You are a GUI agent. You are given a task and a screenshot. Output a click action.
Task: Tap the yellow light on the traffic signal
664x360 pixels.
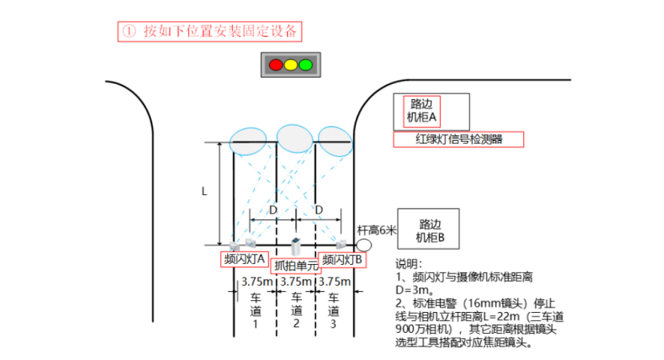(290, 64)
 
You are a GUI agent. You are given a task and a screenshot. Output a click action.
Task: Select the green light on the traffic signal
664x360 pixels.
(305, 64)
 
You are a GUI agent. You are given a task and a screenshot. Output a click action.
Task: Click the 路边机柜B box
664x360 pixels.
(435, 231)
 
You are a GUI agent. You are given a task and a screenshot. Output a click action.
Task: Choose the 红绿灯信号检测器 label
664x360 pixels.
(458, 139)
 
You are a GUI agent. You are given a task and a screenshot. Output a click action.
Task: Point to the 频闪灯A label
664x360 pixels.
(244, 260)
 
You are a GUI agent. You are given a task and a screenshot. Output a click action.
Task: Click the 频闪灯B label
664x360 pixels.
(342, 260)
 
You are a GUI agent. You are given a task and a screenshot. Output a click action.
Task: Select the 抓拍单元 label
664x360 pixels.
(294, 266)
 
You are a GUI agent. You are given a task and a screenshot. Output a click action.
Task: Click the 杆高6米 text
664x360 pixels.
(378, 230)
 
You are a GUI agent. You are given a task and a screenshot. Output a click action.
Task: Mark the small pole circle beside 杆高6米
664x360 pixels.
(364, 244)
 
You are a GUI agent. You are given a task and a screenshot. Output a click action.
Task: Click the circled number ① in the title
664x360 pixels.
(129, 32)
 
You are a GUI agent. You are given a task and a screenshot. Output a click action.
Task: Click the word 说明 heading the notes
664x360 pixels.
(409, 264)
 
